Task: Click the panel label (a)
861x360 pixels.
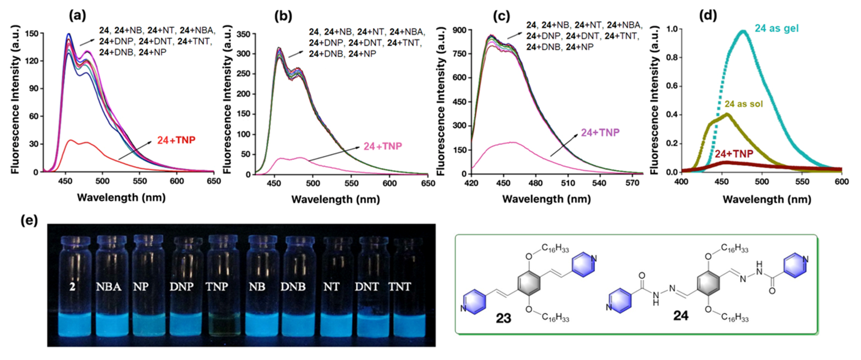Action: tap(77, 15)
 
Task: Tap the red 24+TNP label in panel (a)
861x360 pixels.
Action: tap(176, 140)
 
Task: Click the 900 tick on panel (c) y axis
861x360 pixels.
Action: tap(459, 30)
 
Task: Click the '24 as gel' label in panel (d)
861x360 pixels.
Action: tap(776, 29)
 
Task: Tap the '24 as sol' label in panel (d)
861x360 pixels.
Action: tap(744, 104)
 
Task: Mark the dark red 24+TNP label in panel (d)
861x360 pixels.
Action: tap(734, 154)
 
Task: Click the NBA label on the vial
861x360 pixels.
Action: tap(109, 287)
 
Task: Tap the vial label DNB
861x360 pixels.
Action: tap(293, 287)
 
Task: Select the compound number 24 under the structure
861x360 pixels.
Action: tap(680, 315)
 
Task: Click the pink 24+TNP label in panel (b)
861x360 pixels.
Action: tap(383, 146)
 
